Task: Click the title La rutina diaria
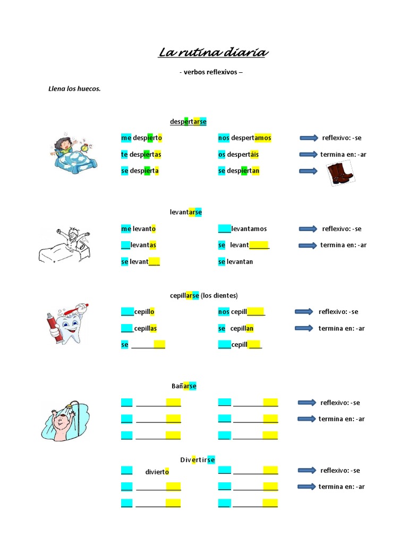(213, 53)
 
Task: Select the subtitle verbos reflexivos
(211, 72)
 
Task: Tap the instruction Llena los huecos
(74, 89)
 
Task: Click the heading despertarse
(188, 122)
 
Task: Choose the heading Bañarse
(183, 386)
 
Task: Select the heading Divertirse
(197, 460)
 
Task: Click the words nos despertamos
(244, 138)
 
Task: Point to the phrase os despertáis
(239, 155)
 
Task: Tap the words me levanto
(138, 229)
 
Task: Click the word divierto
(157, 472)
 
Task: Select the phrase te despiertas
(141, 155)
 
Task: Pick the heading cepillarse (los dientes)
(203, 295)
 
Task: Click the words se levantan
(235, 262)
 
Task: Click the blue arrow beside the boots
(309, 171)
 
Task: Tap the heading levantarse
(186, 212)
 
